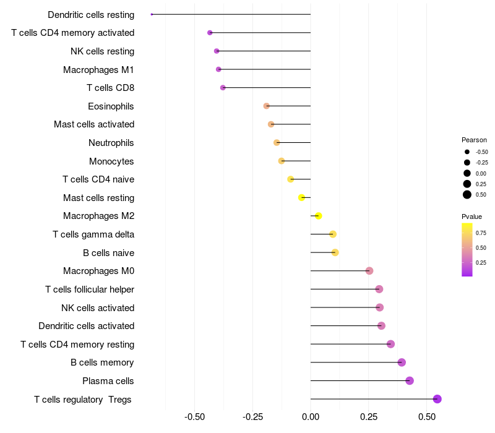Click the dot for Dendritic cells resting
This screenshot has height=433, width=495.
[152, 14]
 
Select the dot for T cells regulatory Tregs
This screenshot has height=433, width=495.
[437, 399]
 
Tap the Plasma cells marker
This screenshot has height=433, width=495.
[410, 380]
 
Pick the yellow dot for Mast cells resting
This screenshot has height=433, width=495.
[301, 197]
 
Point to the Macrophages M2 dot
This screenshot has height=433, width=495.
[318, 216]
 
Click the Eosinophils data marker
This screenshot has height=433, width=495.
[267, 106]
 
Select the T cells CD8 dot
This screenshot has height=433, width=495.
[223, 88]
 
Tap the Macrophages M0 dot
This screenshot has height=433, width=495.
[369, 270]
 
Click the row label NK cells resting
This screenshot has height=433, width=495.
[102, 51]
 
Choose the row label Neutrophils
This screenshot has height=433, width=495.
[111, 143]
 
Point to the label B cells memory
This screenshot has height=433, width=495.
[102, 362]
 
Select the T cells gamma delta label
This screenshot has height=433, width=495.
[93, 234]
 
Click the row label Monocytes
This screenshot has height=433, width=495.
[111, 161]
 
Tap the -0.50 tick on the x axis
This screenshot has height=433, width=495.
[195, 416]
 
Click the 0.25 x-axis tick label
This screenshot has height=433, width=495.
[369, 416]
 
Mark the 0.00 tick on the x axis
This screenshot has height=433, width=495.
[311, 416]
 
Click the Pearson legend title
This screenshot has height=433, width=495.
[474, 140]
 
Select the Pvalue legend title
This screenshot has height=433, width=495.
[471, 216]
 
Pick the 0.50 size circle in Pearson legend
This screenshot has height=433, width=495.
[467, 195]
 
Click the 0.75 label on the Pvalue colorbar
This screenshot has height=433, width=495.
[481, 233]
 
